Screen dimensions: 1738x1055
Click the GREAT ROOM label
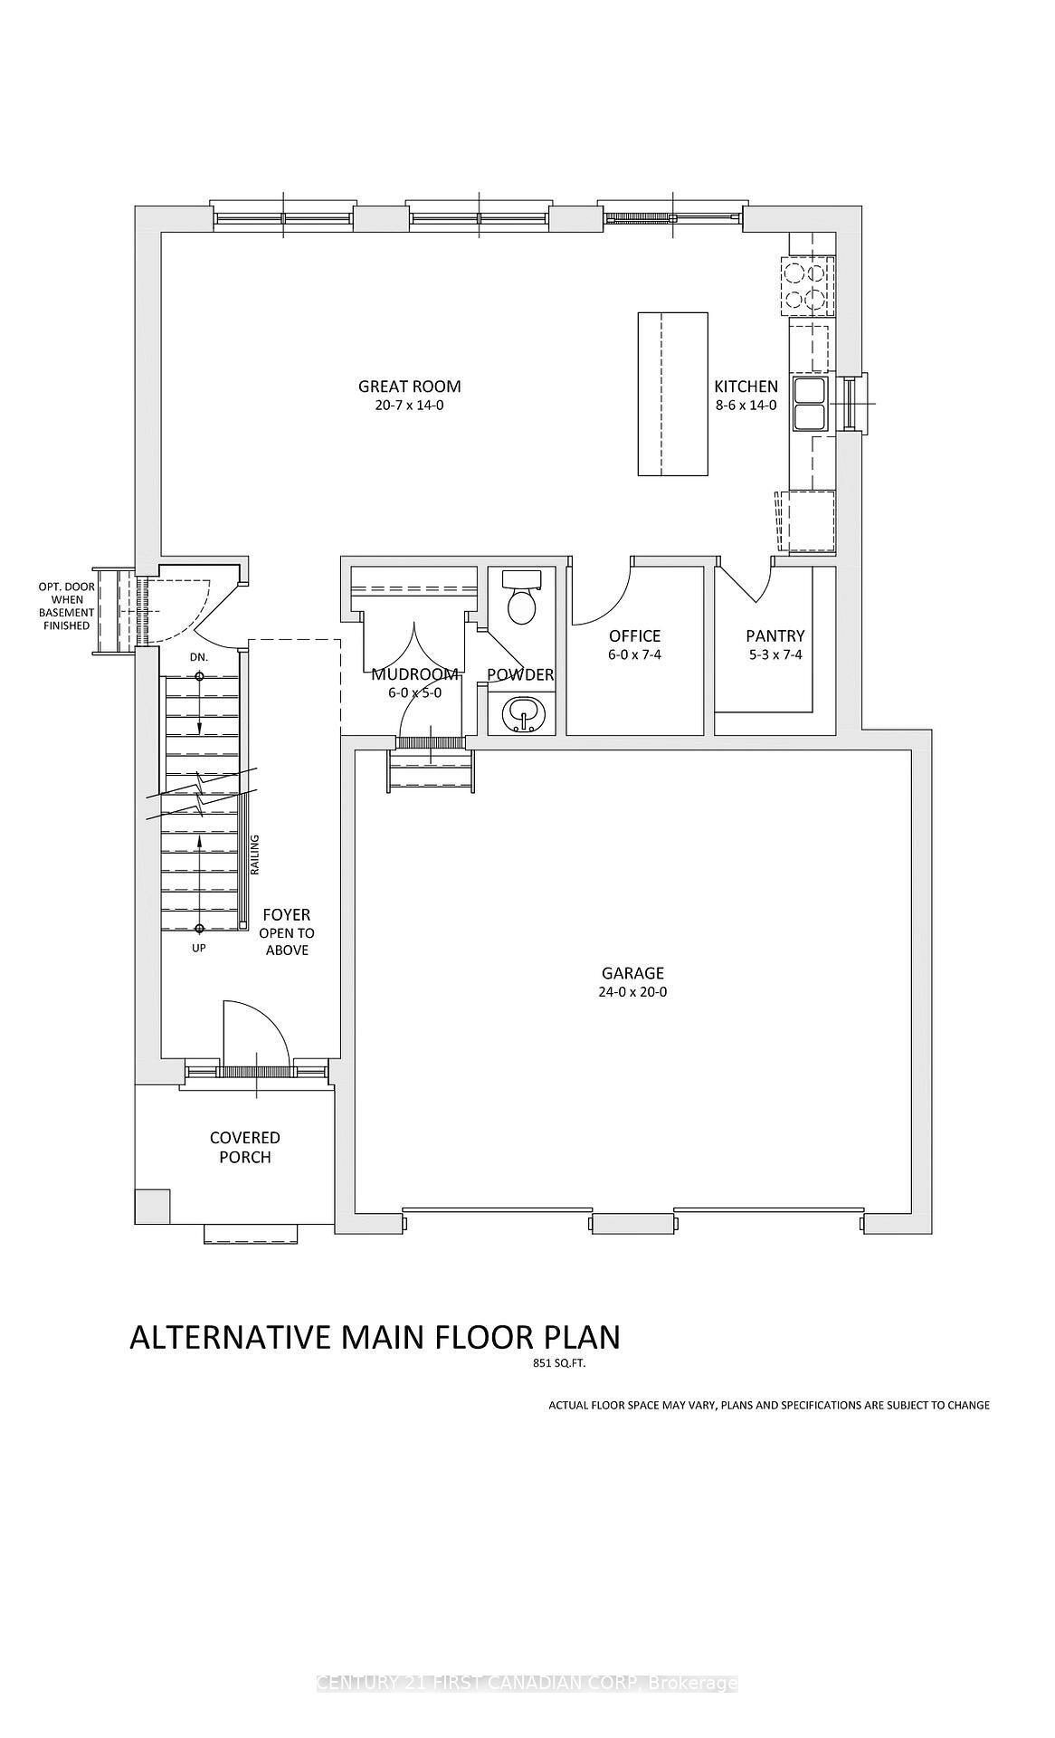[409, 387]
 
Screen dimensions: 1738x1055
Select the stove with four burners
[806, 285]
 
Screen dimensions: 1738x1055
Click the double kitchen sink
[809, 404]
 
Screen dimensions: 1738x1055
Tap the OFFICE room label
[634, 636]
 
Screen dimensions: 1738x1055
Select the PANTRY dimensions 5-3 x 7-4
[775, 654]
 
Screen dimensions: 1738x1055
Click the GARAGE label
[632, 973]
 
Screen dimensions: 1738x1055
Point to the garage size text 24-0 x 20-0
[632, 992]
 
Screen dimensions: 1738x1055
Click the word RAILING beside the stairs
[255, 855]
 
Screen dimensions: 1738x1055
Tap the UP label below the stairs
[199, 949]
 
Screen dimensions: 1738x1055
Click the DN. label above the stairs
[199, 657]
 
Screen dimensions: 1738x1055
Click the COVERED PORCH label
[245, 1147]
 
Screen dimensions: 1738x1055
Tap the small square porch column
[152, 1205]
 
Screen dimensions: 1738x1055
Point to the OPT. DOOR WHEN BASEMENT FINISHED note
[66, 606]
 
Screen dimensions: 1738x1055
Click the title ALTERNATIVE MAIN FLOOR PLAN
[375, 1337]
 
